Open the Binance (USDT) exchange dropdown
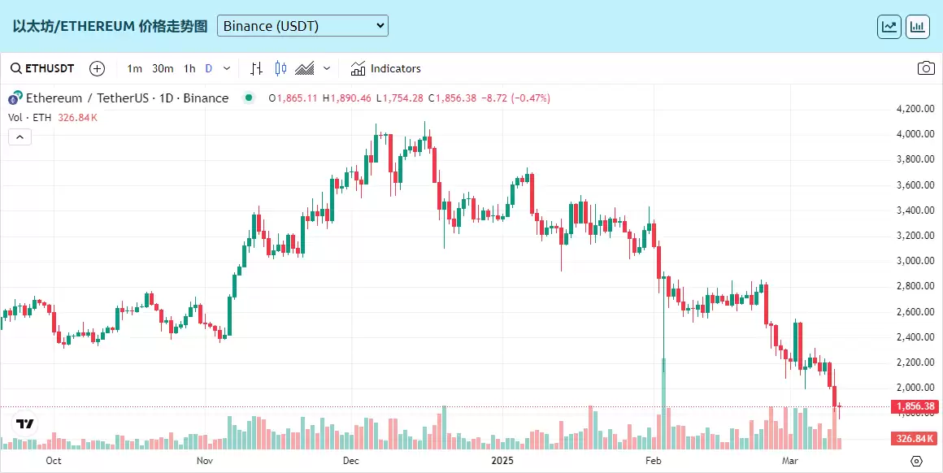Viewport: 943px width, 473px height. (x=302, y=26)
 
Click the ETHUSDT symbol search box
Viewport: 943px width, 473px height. (x=42, y=68)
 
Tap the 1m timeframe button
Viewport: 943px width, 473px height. (x=135, y=68)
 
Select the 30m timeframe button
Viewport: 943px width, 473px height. (x=163, y=68)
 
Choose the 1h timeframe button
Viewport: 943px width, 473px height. (x=189, y=68)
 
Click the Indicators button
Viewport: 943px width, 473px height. (x=386, y=68)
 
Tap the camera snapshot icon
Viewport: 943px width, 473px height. (x=926, y=68)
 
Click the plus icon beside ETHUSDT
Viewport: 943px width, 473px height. (x=97, y=68)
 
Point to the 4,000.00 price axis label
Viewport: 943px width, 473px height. (x=914, y=134)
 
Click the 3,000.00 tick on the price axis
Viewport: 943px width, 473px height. (x=914, y=261)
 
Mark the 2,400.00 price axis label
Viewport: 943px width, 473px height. (x=914, y=337)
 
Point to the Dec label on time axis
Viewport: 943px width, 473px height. (x=351, y=461)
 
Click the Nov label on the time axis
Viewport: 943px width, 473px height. (x=204, y=461)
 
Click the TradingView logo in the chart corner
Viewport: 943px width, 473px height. (x=24, y=423)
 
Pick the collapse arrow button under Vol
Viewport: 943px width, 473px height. (x=20, y=137)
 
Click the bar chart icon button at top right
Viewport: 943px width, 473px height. (x=918, y=26)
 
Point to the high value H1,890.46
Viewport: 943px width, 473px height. (x=347, y=98)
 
